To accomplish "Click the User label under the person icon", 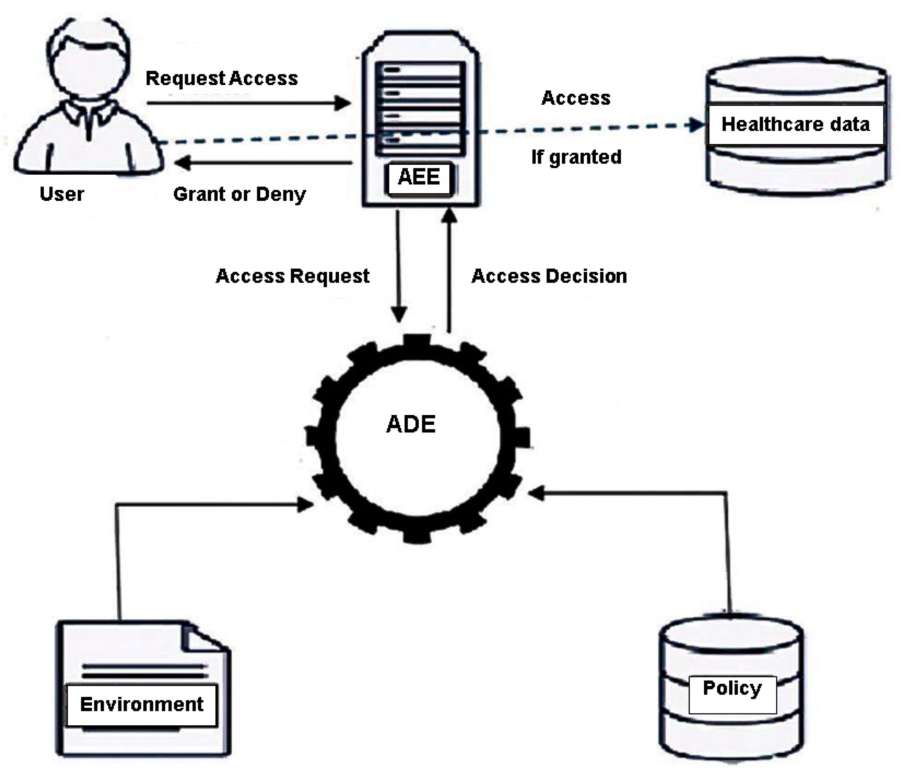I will (x=62, y=194).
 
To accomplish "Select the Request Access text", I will (x=222, y=78).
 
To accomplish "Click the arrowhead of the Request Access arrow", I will (x=344, y=103).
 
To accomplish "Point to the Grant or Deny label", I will (x=239, y=194).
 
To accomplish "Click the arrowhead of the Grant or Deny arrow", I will (x=182, y=163).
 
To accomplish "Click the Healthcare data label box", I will (x=795, y=125).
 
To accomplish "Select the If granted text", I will (x=576, y=157).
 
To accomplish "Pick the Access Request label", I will (x=293, y=276).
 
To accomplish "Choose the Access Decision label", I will (x=549, y=276).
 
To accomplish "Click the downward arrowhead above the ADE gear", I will (x=399, y=314).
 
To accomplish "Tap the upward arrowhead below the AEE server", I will (x=449, y=216).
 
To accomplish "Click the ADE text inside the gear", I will (x=410, y=424).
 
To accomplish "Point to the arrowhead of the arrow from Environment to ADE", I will (x=306, y=505).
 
